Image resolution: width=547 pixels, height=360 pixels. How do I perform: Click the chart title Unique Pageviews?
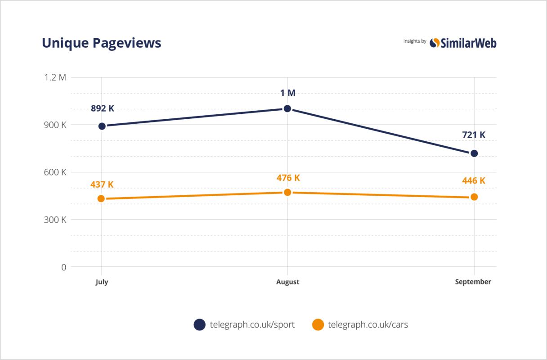pyautogui.click(x=101, y=43)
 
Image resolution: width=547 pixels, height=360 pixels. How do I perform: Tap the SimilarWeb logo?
pyautogui.click(x=463, y=43)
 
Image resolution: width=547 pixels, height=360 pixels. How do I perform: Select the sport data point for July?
pyautogui.click(x=102, y=126)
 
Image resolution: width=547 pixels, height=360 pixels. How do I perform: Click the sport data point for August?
pyautogui.click(x=287, y=108)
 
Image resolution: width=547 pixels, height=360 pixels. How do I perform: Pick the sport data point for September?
pyautogui.click(x=474, y=153)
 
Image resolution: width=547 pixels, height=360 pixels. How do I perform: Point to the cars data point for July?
pyautogui.click(x=101, y=198)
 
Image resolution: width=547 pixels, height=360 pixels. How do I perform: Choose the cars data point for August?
pyautogui.click(x=287, y=192)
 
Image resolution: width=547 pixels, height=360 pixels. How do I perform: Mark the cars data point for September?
pyautogui.click(x=474, y=197)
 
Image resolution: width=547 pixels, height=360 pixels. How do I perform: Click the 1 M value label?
pyautogui.click(x=287, y=93)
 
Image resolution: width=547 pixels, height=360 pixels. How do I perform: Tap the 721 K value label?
pyautogui.click(x=474, y=135)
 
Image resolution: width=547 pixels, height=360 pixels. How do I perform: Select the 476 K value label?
pyautogui.click(x=287, y=178)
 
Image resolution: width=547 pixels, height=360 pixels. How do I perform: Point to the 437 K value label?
pyautogui.click(x=102, y=184)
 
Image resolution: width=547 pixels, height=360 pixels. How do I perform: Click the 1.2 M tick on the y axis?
pyautogui.click(x=55, y=77)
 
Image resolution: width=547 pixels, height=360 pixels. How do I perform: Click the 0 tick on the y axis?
pyautogui.click(x=63, y=267)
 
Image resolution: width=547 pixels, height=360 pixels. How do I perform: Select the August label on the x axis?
pyautogui.click(x=287, y=282)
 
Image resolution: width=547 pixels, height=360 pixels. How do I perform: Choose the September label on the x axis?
pyautogui.click(x=473, y=282)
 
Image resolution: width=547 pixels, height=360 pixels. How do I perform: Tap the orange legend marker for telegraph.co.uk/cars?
pyautogui.click(x=318, y=324)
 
